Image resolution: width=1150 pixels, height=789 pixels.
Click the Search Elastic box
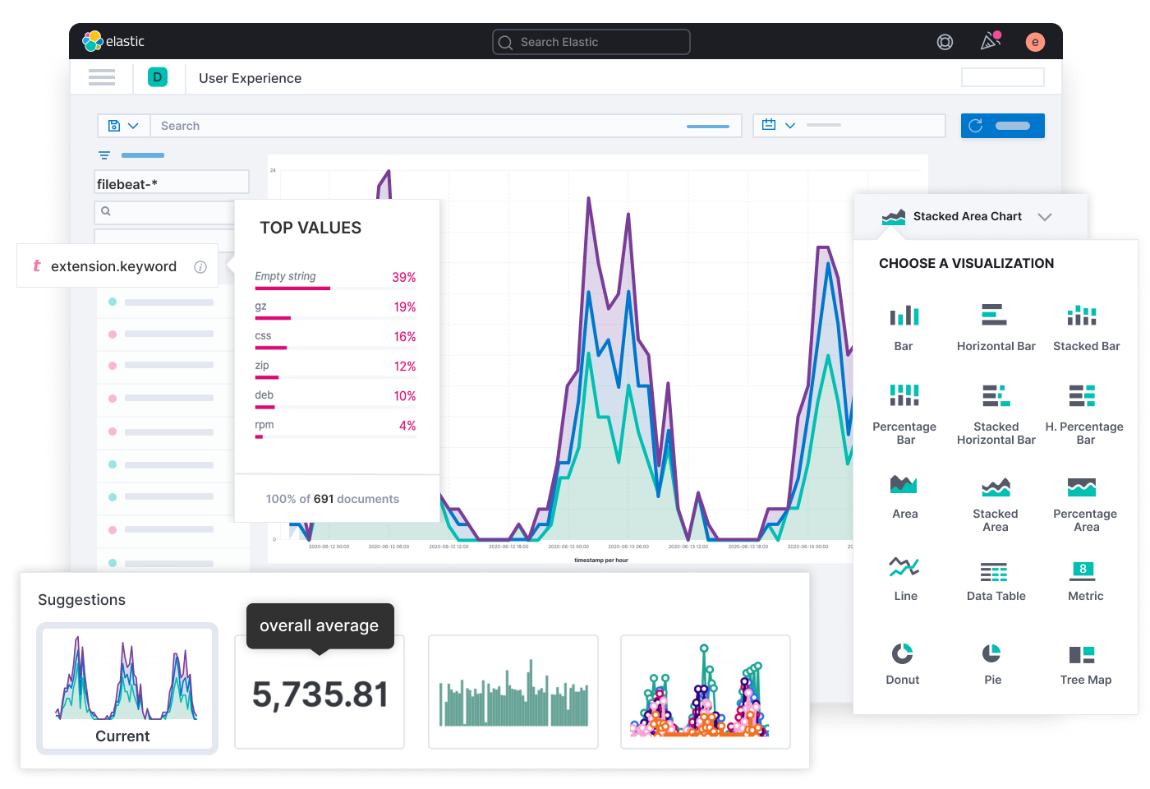(591, 42)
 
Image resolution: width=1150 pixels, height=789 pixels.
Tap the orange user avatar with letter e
(1035, 42)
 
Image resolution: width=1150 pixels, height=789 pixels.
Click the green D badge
(158, 77)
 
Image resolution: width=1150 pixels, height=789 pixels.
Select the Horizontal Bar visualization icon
(995, 315)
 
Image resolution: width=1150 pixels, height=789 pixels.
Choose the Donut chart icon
(902, 653)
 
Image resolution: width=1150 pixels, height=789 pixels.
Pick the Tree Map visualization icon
(1082, 654)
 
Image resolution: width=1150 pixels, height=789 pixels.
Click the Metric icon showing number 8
(1083, 570)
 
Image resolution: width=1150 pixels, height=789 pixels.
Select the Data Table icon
(994, 572)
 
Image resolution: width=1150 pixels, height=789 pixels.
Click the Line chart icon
(904, 566)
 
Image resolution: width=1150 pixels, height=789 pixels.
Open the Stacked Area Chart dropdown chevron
(1045, 217)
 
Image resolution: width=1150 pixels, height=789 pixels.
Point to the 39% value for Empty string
(403, 278)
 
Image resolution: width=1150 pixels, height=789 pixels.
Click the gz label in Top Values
(260, 307)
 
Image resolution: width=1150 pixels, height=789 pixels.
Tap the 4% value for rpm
(407, 426)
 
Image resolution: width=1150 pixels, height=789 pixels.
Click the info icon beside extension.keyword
(200, 267)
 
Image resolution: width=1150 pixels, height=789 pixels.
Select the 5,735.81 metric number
(320, 694)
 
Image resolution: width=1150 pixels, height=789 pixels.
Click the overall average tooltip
(320, 625)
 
